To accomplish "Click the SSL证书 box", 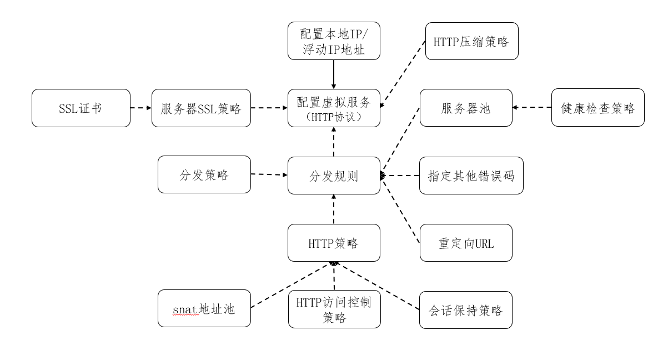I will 81,108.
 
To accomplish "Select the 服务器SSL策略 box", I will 201,108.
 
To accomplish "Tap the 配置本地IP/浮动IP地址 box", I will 334,41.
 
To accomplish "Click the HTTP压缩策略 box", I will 472,41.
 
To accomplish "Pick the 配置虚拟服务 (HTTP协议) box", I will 334,108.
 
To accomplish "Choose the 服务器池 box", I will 465,108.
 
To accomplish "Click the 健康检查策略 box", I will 598,108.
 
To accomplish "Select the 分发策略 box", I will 204,175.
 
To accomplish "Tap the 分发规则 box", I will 334,176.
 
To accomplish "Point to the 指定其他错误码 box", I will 471,176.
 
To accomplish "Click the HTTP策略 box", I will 334,243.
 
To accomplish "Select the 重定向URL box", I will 465,243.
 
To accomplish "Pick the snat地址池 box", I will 204,308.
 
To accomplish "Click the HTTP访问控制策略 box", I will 334,309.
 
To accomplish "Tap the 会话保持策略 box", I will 465,309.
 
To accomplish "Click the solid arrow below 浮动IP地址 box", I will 334,74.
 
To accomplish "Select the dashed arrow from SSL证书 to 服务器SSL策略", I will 141,108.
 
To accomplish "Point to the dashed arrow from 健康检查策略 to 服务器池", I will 531,108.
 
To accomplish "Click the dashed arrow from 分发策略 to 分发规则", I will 269,175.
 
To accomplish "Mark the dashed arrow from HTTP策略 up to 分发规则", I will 334,209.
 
